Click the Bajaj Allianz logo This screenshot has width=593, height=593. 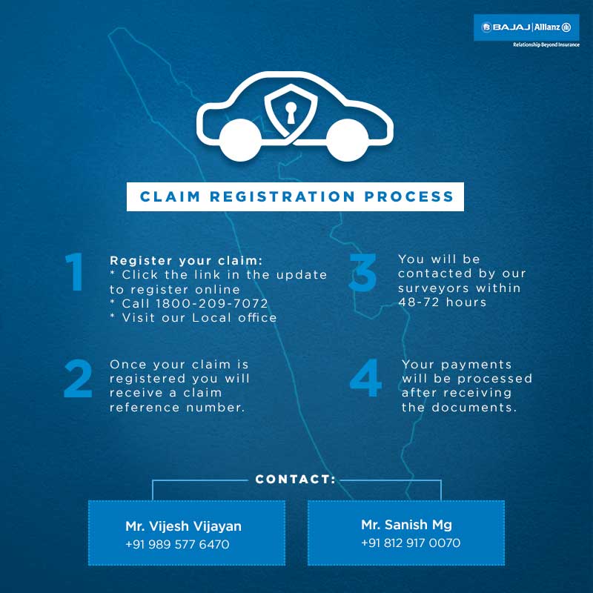click(526, 27)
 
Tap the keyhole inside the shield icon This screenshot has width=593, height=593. click(291, 113)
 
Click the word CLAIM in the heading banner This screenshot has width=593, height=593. click(170, 196)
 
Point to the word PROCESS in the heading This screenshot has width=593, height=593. click(409, 196)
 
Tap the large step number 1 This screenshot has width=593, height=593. click(74, 271)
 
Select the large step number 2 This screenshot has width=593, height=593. click(78, 379)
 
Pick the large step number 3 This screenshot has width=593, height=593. click(362, 272)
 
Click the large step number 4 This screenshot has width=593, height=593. click(365, 378)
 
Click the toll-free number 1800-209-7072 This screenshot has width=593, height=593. click(212, 303)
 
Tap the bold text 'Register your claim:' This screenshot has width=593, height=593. click(186, 261)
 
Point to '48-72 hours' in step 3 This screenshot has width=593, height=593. click(442, 302)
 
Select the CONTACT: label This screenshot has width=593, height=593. click(295, 479)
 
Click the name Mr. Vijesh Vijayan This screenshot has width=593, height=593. click(183, 526)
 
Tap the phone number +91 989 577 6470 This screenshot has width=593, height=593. click(177, 544)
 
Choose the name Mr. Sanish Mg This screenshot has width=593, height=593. click(406, 525)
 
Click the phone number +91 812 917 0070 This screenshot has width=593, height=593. click(411, 543)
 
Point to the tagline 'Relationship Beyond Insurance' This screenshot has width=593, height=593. click(546, 44)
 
